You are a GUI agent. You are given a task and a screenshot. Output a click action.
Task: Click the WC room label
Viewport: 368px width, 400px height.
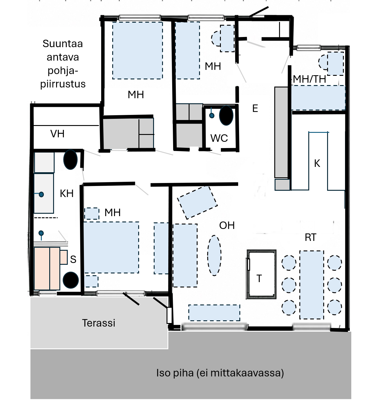[x=219, y=138]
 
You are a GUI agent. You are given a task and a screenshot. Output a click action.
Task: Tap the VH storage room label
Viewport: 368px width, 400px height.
[x=57, y=134]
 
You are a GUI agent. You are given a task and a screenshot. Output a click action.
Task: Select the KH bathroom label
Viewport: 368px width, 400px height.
[x=67, y=193]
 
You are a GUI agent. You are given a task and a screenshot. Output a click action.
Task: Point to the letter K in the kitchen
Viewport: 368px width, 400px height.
[x=317, y=163]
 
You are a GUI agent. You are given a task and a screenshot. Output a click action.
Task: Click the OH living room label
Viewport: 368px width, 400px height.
[x=227, y=225]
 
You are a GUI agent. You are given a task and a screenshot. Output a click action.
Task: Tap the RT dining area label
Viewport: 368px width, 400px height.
[x=311, y=237]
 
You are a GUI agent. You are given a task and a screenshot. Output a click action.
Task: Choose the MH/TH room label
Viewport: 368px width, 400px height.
[x=310, y=79]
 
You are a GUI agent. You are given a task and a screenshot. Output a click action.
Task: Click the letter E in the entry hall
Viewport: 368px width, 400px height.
[x=255, y=108]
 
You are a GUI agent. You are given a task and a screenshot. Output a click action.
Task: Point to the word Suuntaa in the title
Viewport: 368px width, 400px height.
[x=63, y=44]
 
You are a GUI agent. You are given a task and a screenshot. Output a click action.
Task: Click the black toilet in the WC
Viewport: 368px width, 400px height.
[x=226, y=116]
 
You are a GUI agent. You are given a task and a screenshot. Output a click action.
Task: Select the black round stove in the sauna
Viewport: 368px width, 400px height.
[x=71, y=280]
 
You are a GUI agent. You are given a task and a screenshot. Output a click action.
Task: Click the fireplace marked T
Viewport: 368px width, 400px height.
[x=261, y=274]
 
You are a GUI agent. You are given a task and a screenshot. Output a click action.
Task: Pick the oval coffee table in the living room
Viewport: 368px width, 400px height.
[x=214, y=256]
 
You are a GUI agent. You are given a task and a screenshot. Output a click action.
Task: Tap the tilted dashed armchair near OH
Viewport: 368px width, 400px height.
[x=198, y=203]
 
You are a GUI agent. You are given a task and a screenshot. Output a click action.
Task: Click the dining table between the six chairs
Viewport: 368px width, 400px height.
[x=312, y=285]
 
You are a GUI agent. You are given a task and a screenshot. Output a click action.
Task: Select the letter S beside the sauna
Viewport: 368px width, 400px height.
[x=73, y=259]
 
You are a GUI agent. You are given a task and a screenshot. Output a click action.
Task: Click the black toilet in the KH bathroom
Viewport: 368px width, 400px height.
[x=70, y=159]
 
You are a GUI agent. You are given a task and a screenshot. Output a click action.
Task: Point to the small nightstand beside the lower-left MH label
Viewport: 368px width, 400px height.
[x=92, y=213]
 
